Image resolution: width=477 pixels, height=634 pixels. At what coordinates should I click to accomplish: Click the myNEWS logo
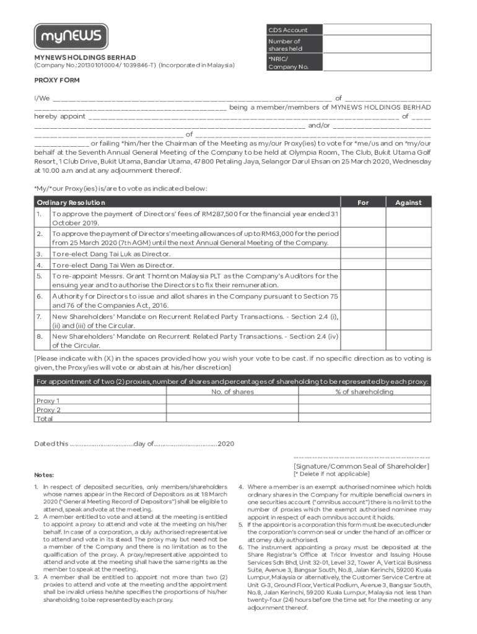pyautogui.click(x=71, y=37)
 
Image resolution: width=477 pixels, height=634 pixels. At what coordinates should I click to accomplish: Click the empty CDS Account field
pyautogui.click(x=377, y=30)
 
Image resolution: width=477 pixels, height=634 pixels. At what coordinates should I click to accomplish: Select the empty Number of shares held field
pyautogui.click(x=377, y=45)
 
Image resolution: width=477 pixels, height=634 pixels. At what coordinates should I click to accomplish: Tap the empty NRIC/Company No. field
pyautogui.click(x=377, y=63)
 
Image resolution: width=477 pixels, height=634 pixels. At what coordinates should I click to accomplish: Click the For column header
pyautogui.click(x=364, y=202)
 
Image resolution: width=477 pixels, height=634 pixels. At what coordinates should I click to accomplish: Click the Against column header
pyautogui.click(x=409, y=202)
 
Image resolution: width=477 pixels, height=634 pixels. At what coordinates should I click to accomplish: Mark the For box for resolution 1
pyautogui.click(x=364, y=218)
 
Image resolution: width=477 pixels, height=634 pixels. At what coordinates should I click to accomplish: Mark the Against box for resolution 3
pyautogui.click(x=409, y=254)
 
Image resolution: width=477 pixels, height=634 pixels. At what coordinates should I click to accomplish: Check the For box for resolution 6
pyautogui.click(x=364, y=301)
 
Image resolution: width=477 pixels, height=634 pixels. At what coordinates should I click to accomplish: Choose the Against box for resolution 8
pyautogui.click(x=409, y=341)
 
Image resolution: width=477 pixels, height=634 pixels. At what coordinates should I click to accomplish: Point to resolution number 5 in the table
pyautogui.click(x=39, y=276)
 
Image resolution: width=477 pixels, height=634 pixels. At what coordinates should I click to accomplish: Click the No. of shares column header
pyautogui.click(x=232, y=392)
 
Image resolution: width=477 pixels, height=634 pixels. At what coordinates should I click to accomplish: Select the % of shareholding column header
pyautogui.click(x=364, y=392)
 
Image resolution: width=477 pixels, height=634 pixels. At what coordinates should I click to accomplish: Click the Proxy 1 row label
pyautogui.click(x=48, y=401)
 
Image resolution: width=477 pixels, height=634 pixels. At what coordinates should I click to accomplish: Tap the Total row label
pyautogui.click(x=45, y=419)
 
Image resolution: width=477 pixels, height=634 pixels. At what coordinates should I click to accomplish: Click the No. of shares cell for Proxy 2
pyautogui.click(x=232, y=410)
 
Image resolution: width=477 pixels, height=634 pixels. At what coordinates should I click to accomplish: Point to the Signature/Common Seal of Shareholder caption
pyautogui.click(x=361, y=466)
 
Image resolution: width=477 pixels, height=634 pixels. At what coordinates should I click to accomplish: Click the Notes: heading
pyautogui.click(x=44, y=475)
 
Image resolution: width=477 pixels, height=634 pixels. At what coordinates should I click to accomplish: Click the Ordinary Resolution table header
pyautogui.click(x=71, y=202)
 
